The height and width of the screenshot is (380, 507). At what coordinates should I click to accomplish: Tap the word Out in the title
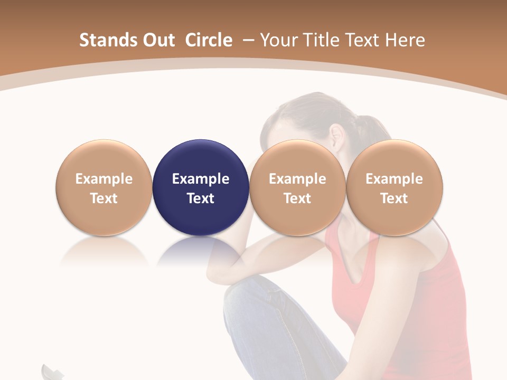(x=158, y=40)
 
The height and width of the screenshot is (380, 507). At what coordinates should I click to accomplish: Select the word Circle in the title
(x=209, y=40)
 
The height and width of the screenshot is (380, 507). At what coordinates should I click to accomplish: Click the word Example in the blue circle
(x=201, y=179)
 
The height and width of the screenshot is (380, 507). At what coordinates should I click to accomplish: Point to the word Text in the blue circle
(x=201, y=198)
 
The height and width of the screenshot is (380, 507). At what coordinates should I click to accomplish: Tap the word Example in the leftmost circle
(x=104, y=179)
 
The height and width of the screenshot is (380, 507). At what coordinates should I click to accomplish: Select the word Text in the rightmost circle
(x=394, y=198)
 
